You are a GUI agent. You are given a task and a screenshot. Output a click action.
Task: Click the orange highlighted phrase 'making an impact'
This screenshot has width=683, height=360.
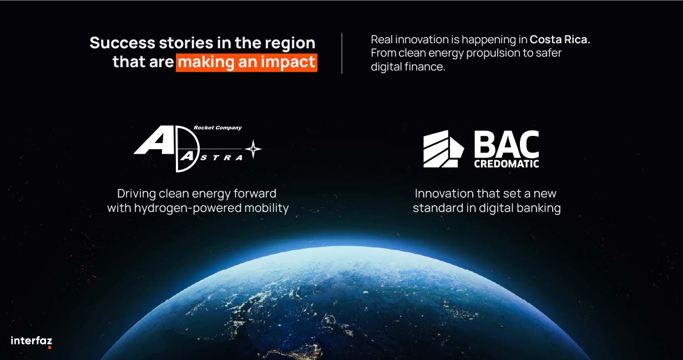(246, 63)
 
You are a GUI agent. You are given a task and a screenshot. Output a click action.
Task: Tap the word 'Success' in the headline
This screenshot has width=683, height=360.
(123, 43)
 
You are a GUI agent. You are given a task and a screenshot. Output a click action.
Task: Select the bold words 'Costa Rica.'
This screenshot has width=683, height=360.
(560, 39)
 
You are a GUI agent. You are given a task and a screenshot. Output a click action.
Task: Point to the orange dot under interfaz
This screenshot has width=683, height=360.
(49, 347)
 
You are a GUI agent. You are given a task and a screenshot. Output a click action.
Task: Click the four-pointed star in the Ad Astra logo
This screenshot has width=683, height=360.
(253, 149)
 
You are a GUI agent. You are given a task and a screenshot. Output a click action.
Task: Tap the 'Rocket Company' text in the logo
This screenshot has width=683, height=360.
(217, 128)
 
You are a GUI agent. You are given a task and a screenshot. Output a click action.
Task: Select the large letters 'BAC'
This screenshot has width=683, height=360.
(507, 143)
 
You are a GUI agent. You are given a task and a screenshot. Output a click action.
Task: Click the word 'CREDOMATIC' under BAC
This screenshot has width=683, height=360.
(507, 164)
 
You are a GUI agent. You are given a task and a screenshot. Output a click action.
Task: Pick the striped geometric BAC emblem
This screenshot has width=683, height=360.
(443, 149)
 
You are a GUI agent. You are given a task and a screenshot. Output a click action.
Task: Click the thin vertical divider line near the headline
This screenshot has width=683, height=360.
(342, 53)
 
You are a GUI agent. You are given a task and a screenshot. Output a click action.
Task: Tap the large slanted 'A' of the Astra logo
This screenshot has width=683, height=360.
(154, 140)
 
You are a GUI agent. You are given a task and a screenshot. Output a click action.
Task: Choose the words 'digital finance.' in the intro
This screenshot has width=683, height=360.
(408, 67)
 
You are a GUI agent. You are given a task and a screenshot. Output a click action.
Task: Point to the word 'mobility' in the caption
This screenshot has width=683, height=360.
(266, 209)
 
